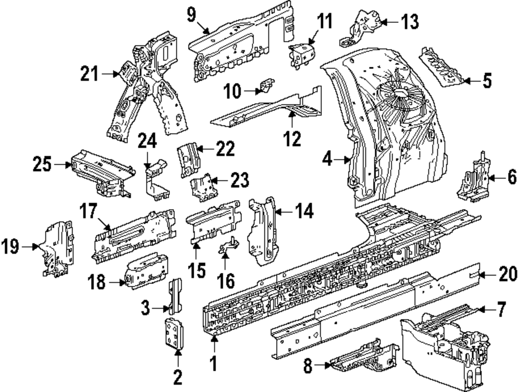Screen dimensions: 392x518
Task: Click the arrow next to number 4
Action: point(346,160)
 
